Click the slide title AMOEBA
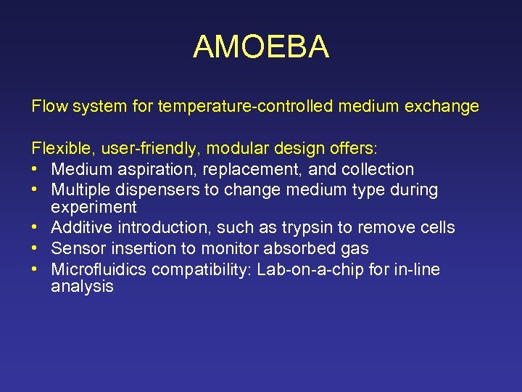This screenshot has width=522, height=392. (x=261, y=47)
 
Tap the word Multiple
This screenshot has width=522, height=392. (x=80, y=190)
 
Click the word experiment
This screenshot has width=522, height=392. (x=94, y=207)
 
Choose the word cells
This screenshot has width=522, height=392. (x=436, y=228)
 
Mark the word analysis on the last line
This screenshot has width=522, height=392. (x=82, y=287)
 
